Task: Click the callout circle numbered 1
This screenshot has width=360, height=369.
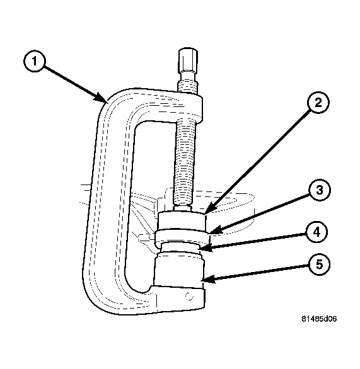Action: (35, 61)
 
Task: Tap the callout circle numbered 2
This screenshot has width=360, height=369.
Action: (318, 103)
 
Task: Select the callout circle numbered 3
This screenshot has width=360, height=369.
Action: (319, 190)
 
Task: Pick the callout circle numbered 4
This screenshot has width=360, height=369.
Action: (316, 232)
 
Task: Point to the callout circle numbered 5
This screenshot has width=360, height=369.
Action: (319, 264)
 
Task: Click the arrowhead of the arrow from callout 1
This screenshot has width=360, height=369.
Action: (101, 98)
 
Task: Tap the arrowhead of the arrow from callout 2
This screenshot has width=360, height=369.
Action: (210, 208)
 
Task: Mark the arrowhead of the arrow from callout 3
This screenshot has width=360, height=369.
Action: (215, 230)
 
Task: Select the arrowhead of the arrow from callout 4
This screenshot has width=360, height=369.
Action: (206, 248)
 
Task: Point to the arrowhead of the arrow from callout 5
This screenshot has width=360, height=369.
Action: (208, 280)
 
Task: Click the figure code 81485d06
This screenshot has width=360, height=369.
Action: (319, 319)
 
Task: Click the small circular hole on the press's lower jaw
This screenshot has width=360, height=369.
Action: (189, 297)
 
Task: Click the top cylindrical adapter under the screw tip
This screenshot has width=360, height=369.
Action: (182, 220)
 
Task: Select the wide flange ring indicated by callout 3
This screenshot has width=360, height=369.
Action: (182, 237)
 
